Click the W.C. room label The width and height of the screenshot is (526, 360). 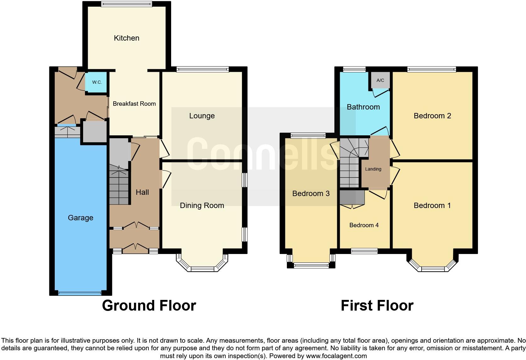[x=97, y=82]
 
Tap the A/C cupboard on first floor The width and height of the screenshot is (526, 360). [x=380, y=80]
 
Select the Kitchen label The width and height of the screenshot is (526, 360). [x=126, y=38]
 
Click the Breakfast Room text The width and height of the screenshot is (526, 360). [x=134, y=104]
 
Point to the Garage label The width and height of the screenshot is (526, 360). [x=81, y=218]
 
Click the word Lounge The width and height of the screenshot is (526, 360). [x=202, y=116]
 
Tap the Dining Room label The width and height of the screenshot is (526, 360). [x=202, y=205]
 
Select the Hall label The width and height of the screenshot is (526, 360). [x=142, y=192]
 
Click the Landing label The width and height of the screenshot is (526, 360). [x=373, y=169]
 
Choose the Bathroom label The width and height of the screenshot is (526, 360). [x=363, y=107]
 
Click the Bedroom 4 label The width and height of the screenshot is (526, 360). [x=364, y=225]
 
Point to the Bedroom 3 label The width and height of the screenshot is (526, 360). [x=311, y=194]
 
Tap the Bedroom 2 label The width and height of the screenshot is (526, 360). [x=432, y=116]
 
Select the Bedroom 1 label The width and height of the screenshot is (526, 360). [x=432, y=205]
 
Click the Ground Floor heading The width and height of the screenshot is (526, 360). [x=149, y=306]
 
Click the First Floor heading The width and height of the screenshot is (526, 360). [x=377, y=306]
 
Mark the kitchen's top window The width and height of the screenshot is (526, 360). [x=126, y=4]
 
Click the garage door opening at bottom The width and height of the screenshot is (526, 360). [x=80, y=293]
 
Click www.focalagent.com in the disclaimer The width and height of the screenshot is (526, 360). [x=336, y=356]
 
